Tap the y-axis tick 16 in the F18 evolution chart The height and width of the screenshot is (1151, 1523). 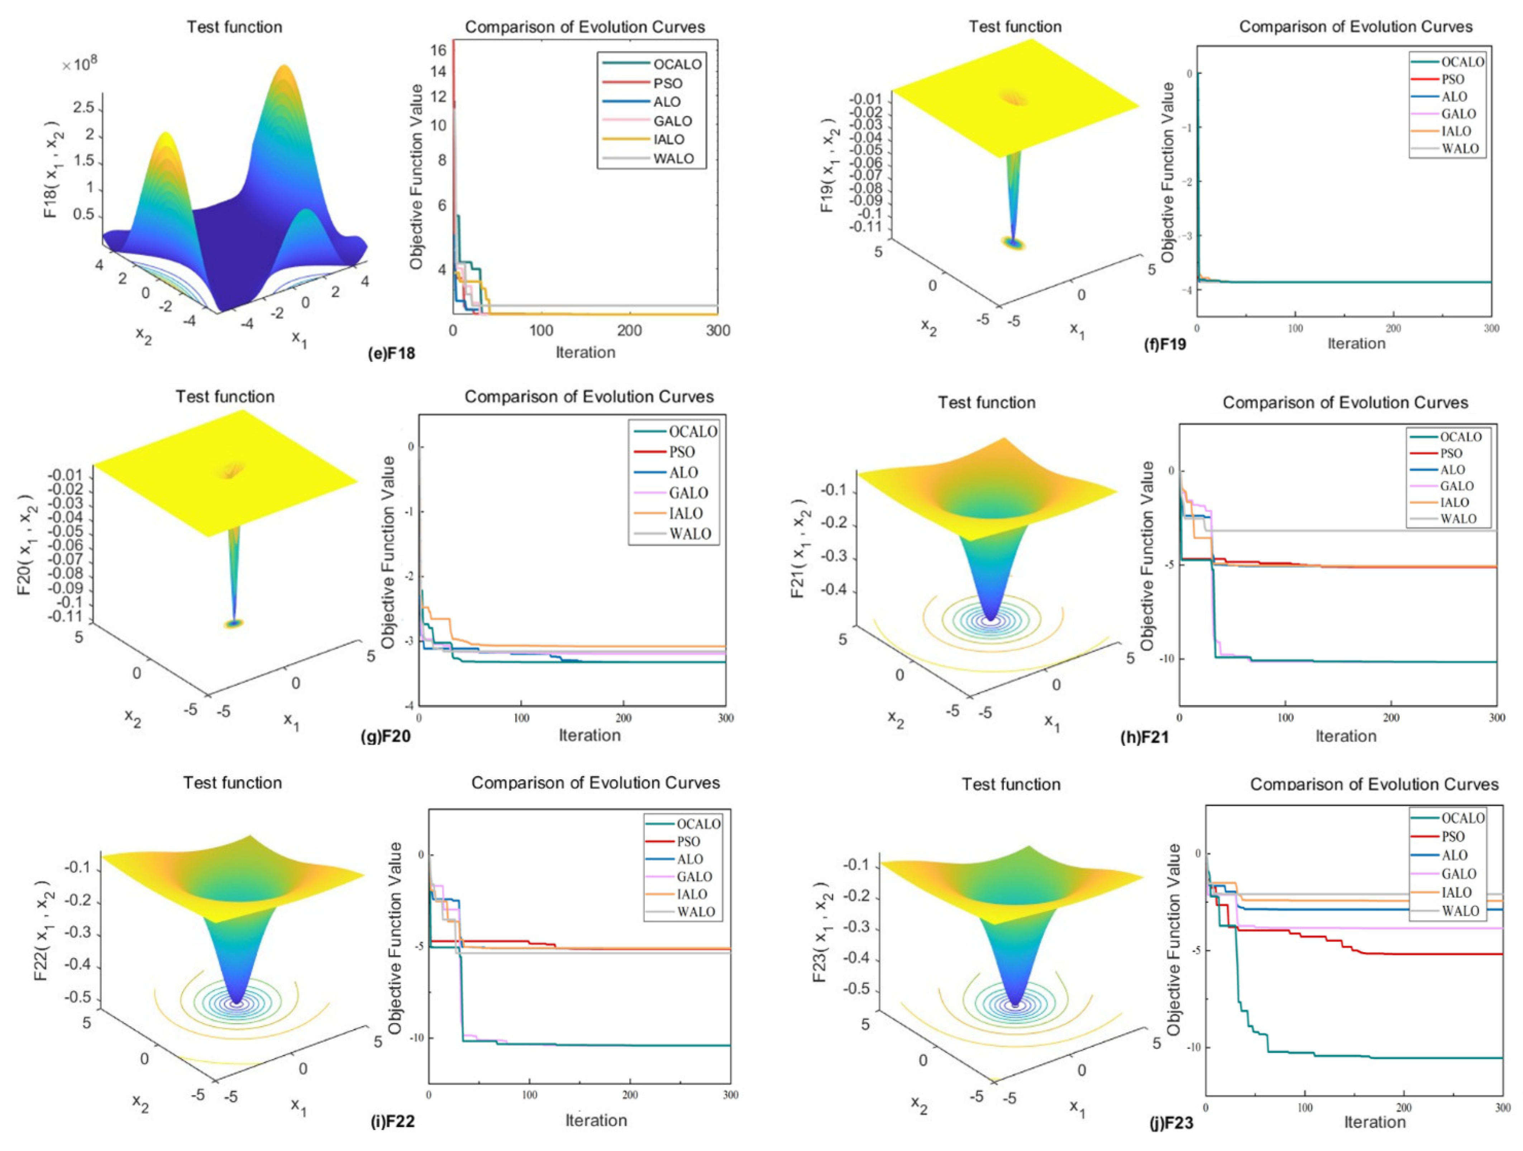[x=439, y=49]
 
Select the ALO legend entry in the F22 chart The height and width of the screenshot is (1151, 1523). [x=689, y=859]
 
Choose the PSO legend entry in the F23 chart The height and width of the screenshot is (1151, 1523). [x=1453, y=836]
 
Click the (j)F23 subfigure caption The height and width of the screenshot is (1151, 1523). [x=1171, y=1124]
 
